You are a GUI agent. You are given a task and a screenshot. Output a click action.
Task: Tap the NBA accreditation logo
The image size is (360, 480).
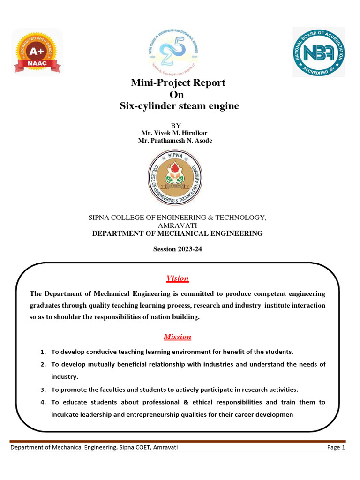tap(319, 52)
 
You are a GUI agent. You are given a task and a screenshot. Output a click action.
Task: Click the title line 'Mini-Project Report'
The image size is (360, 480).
tap(178, 83)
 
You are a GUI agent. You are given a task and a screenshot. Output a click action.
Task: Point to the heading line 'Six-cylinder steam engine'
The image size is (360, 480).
tap(179, 106)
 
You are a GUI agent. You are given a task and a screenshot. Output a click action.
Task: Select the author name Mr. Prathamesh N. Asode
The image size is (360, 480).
tap(175, 141)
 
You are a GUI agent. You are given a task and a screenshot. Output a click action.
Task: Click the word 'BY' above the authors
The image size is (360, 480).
tap(175, 126)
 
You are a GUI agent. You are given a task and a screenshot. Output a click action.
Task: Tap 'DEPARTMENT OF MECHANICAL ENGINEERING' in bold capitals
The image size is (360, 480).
tap(177, 233)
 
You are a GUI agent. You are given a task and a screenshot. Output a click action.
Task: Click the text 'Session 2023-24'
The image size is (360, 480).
tap(177, 249)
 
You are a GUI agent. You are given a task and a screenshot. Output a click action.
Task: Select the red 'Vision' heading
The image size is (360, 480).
tap(177, 278)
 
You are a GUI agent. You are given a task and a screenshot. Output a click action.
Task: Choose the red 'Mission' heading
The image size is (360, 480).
tap(177, 337)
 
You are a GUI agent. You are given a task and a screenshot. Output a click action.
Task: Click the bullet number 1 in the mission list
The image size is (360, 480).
tap(42, 352)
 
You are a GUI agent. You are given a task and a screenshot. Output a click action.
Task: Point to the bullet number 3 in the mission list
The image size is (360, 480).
tap(42, 390)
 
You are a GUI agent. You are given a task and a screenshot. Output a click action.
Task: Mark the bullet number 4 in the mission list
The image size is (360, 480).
tap(42, 402)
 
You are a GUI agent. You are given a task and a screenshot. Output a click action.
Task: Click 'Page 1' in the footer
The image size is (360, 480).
tap(336, 448)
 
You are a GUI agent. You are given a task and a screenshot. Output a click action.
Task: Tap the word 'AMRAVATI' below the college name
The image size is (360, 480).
tap(177, 225)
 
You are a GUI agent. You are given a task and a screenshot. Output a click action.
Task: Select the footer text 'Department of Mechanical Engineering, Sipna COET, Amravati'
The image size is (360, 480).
tap(94, 448)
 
